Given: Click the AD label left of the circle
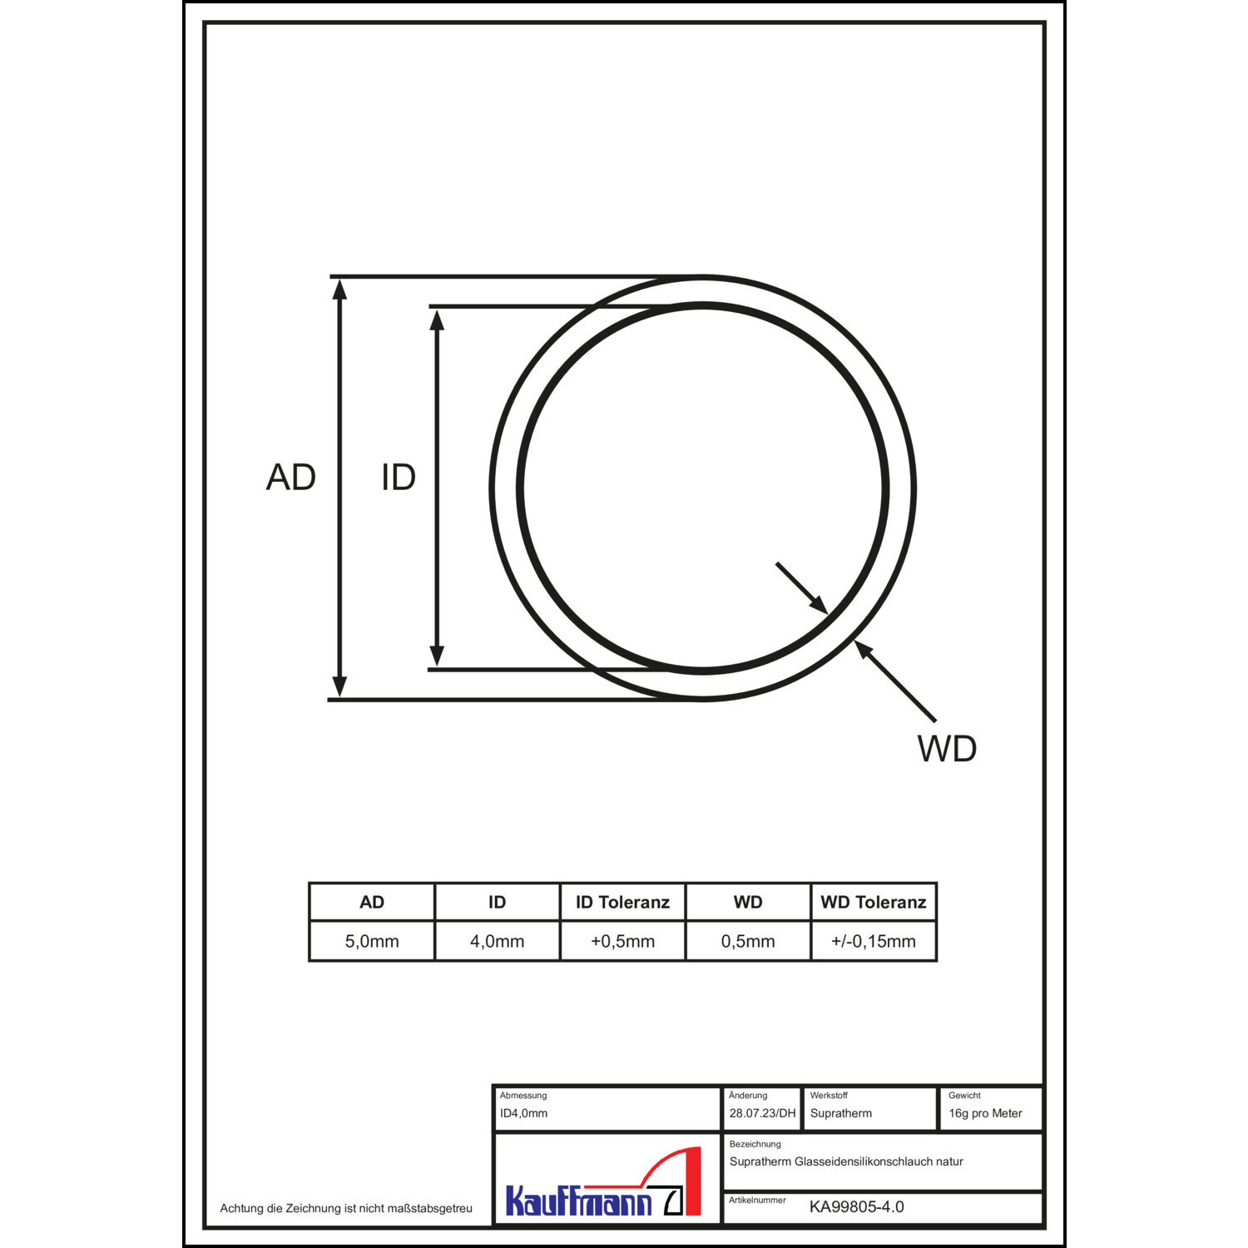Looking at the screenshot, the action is point(291,478).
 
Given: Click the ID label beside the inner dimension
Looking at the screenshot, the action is point(399,478).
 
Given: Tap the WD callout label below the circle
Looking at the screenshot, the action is point(947,749).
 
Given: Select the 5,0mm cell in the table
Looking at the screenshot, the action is point(372,942).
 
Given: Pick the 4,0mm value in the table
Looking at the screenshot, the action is point(498,942).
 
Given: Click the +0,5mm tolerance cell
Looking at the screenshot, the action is point(623,942).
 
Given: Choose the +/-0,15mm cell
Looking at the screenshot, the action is point(874,942).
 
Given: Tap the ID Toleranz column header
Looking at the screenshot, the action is point(623,903).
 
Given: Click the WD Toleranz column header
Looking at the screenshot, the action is point(874,903).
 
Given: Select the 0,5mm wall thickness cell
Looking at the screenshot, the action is point(748,942).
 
